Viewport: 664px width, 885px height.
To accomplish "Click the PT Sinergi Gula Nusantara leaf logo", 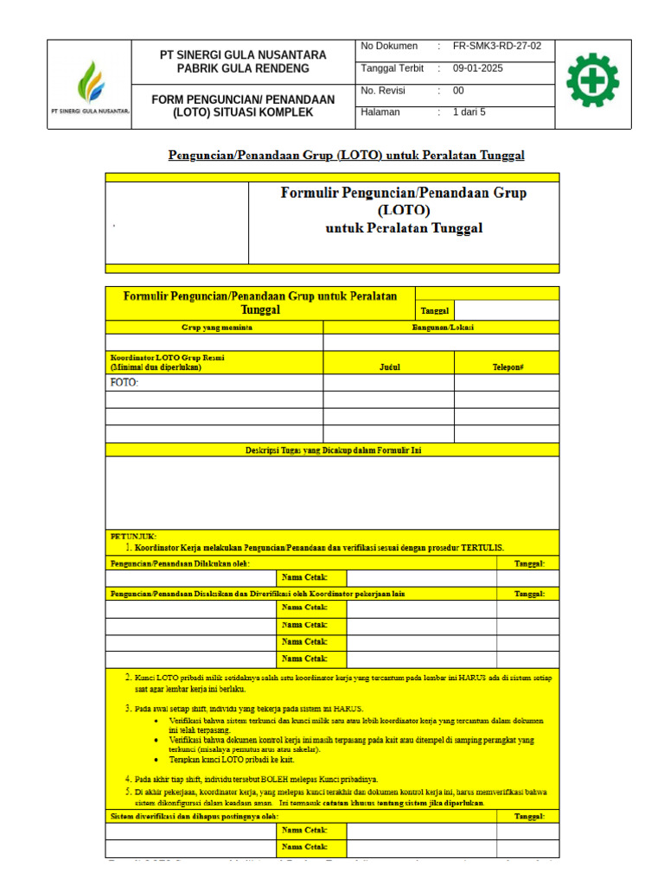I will point(90,83).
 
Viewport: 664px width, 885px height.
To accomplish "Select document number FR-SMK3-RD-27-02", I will point(497,46).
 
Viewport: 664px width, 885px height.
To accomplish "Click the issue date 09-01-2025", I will point(478,67).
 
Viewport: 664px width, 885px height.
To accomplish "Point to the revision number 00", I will point(459,90).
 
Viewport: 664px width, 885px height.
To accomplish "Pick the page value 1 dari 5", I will point(469,111).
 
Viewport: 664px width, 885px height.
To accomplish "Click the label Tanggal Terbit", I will point(392,67).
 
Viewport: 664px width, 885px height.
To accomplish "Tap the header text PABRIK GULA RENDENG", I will point(243,68).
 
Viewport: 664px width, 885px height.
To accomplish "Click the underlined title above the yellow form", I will point(346,156).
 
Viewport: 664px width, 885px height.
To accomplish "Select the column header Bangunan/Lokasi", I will point(442,327).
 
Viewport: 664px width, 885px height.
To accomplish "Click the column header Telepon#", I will point(508,367).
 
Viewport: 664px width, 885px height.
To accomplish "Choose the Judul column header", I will point(389,367).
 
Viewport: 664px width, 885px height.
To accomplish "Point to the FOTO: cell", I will point(124,383).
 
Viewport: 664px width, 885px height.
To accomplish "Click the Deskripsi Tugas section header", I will point(333,449).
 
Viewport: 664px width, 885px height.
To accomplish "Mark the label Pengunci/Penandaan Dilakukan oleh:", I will point(180,563).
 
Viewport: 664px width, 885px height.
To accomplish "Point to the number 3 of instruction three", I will point(128,709).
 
